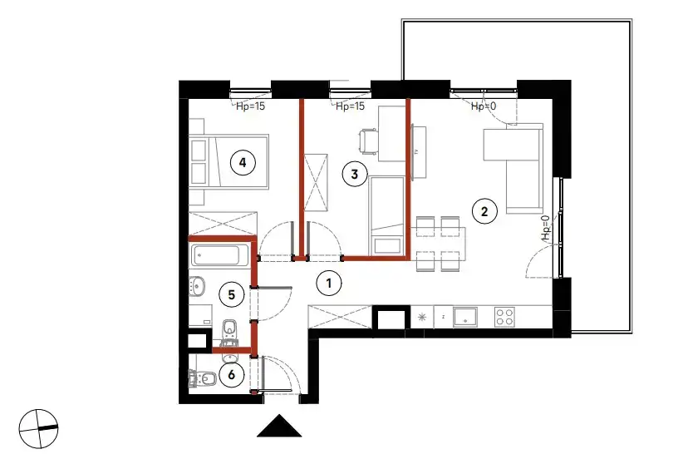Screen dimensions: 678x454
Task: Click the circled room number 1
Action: point(329,283)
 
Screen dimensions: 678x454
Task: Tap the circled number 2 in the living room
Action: point(484,211)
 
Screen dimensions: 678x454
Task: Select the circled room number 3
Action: point(355,174)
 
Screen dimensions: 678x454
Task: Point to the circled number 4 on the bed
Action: point(243,162)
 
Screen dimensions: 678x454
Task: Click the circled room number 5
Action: point(232,294)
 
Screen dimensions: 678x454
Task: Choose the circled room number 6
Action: point(231,374)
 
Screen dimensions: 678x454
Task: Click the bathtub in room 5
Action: point(219,255)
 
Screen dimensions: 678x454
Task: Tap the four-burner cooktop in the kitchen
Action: point(504,316)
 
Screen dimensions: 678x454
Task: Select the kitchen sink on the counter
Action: point(465,316)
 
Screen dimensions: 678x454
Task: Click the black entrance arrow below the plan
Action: point(279,426)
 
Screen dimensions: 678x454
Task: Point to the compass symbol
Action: point(38,428)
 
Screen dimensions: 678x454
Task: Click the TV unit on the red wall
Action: point(419,152)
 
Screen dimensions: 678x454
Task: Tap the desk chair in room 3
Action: point(368,141)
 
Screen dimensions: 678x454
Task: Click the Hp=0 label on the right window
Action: point(546,228)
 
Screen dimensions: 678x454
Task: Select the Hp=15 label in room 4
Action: point(250,106)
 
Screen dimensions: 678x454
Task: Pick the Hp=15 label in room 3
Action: point(351,106)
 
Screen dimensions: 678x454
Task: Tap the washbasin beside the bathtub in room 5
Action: point(197,285)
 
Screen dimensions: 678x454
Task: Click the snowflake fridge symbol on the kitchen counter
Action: point(421,318)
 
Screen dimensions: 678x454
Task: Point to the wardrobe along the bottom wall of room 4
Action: point(224,224)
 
